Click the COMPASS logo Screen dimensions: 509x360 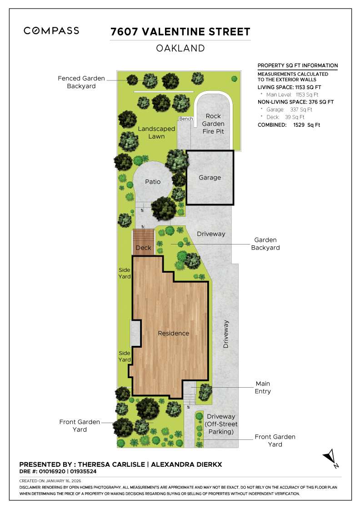coord(51,31)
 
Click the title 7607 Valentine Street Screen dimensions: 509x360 coord(180,32)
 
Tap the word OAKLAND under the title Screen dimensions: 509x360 coord(180,48)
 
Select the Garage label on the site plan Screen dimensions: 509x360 coord(210,178)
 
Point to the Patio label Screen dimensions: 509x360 coord(153,182)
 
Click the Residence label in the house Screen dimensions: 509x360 coord(173,333)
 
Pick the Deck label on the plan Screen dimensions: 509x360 coord(143,248)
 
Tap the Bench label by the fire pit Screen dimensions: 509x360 coord(185,119)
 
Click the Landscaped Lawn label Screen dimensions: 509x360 coord(156,132)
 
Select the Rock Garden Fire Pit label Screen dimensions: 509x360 coord(213,124)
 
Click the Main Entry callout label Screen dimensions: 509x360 coord(263,387)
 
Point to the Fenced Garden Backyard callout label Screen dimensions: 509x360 coord(81,82)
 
